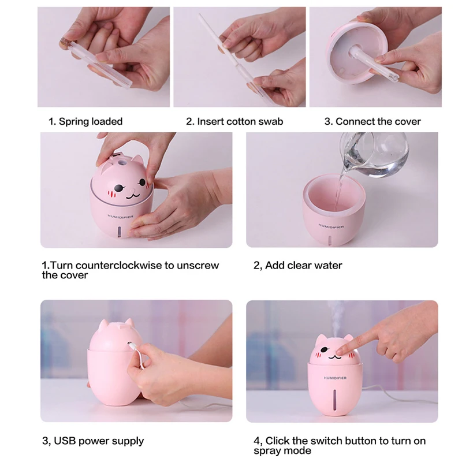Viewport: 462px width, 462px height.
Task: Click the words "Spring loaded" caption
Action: click(x=91, y=121)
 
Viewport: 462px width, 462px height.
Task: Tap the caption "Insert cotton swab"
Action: click(x=240, y=121)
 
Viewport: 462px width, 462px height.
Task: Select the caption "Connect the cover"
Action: click(x=378, y=121)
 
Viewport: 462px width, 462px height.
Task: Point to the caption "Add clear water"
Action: click(x=304, y=265)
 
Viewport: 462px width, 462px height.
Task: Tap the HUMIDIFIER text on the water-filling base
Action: click(x=331, y=226)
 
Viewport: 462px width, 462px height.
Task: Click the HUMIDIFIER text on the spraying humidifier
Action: click(x=335, y=378)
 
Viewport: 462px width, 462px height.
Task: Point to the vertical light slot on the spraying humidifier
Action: click(x=335, y=400)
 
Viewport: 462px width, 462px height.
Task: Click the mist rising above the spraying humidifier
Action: click(x=336, y=318)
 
